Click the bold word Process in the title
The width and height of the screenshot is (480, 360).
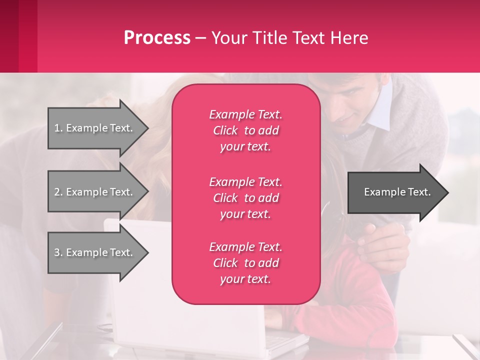[x=157, y=38]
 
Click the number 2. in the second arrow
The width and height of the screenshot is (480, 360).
[x=58, y=192]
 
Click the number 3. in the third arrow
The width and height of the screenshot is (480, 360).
[x=58, y=252]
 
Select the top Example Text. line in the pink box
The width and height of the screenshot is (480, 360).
[x=245, y=114]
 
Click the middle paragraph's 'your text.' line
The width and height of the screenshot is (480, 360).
[x=245, y=214]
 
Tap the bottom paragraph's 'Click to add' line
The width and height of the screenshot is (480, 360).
[x=245, y=263]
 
